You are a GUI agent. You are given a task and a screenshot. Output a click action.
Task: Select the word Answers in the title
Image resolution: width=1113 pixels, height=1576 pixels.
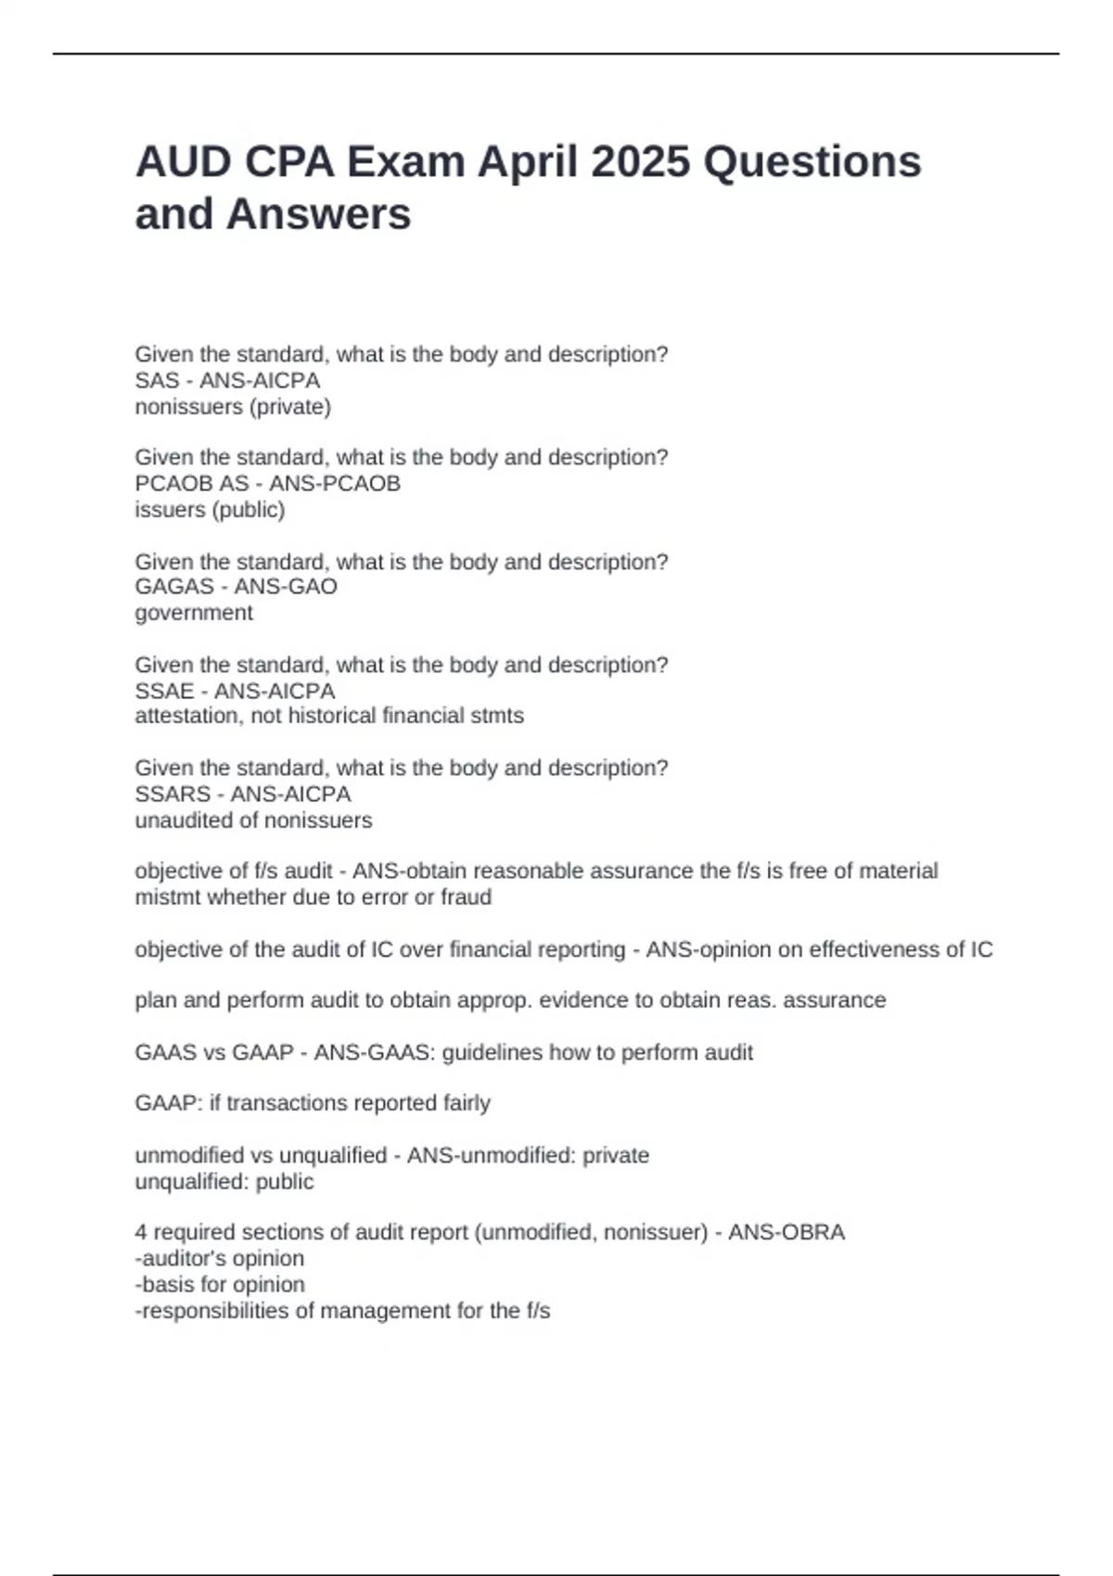[318, 215]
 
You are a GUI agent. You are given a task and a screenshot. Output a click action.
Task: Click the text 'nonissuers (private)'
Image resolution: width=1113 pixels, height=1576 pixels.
[233, 407]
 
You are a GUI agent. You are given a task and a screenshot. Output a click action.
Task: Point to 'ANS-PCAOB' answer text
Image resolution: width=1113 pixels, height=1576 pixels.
[335, 484]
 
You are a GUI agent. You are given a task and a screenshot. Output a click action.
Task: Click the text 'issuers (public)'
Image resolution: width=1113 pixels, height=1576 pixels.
[210, 510]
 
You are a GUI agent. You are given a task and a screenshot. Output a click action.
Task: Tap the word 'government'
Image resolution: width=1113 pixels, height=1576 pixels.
[194, 613]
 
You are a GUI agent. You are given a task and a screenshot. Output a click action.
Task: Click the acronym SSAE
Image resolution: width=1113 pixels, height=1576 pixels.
[164, 692]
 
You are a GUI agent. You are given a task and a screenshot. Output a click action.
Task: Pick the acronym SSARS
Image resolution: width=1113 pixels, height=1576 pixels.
[173, 794]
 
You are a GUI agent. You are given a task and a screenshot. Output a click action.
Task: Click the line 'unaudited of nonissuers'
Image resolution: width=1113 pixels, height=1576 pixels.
[253, 820]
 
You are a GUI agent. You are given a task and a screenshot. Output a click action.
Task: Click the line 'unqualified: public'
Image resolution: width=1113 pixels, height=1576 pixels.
[224, 1182]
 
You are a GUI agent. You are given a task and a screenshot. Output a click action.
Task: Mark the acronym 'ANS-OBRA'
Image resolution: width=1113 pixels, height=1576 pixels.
[787, 1233]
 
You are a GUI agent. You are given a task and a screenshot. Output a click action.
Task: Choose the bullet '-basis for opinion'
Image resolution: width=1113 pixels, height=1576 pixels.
[220, 1285]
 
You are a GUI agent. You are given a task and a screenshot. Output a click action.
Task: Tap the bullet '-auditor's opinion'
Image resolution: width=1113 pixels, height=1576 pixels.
[220, 1259]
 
